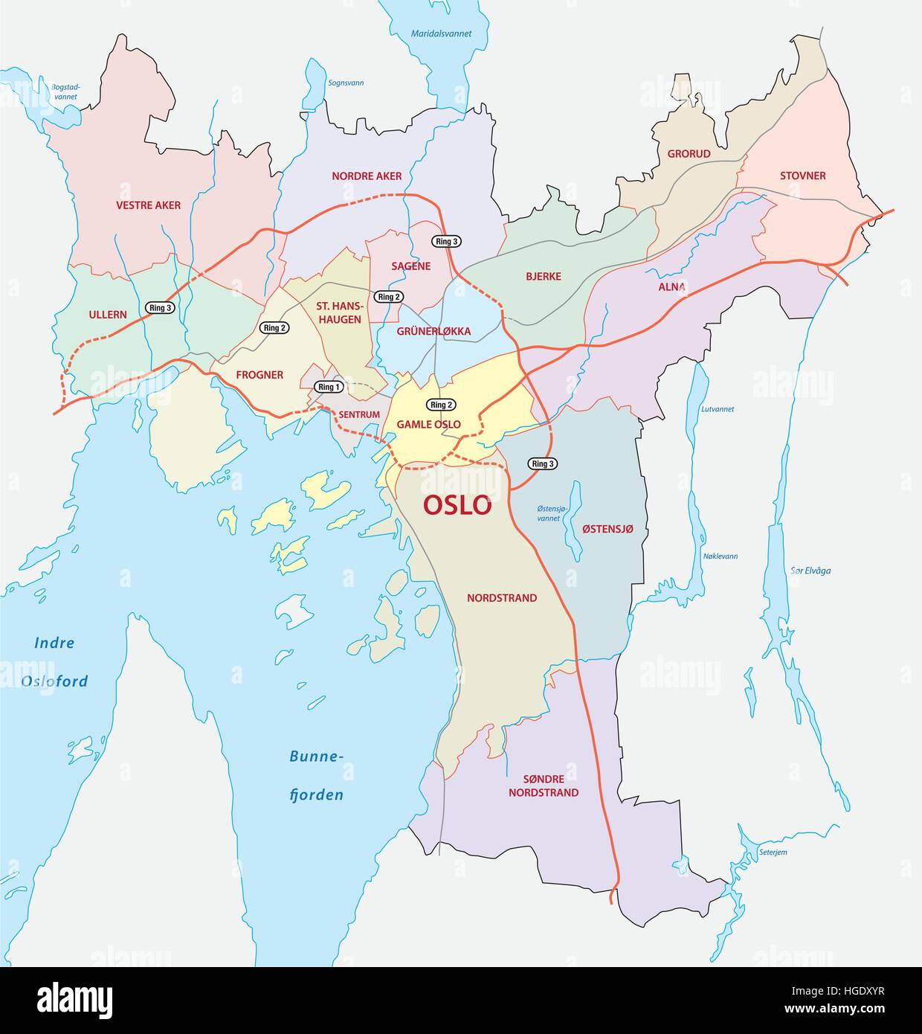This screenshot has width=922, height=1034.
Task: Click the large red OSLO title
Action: (x=457, y=504)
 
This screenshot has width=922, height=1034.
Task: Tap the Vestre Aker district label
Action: (x=148, y=205)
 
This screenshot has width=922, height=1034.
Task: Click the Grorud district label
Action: (x=689, y=153)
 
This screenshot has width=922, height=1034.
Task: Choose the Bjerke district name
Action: (x=543, y=276)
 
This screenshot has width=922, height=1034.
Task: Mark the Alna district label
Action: (x=671, y=287)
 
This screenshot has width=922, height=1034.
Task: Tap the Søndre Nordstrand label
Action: (x=544, y=786)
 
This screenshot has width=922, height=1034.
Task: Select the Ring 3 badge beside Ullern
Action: (x=161, y=308)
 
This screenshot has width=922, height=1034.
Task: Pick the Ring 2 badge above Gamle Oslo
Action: (x=441, y=405)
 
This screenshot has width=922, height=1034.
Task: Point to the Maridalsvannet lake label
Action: (x=442, y=33)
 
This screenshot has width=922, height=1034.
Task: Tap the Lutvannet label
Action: (x=718, y=409)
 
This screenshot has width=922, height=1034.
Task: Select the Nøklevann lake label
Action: (x=720, y=556)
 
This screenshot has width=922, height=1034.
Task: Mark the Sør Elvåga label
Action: (x=810, y=571)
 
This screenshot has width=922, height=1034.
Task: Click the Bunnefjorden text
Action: (x=316, y=776)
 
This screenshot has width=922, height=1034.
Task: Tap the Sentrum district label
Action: (x=359, y=414)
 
